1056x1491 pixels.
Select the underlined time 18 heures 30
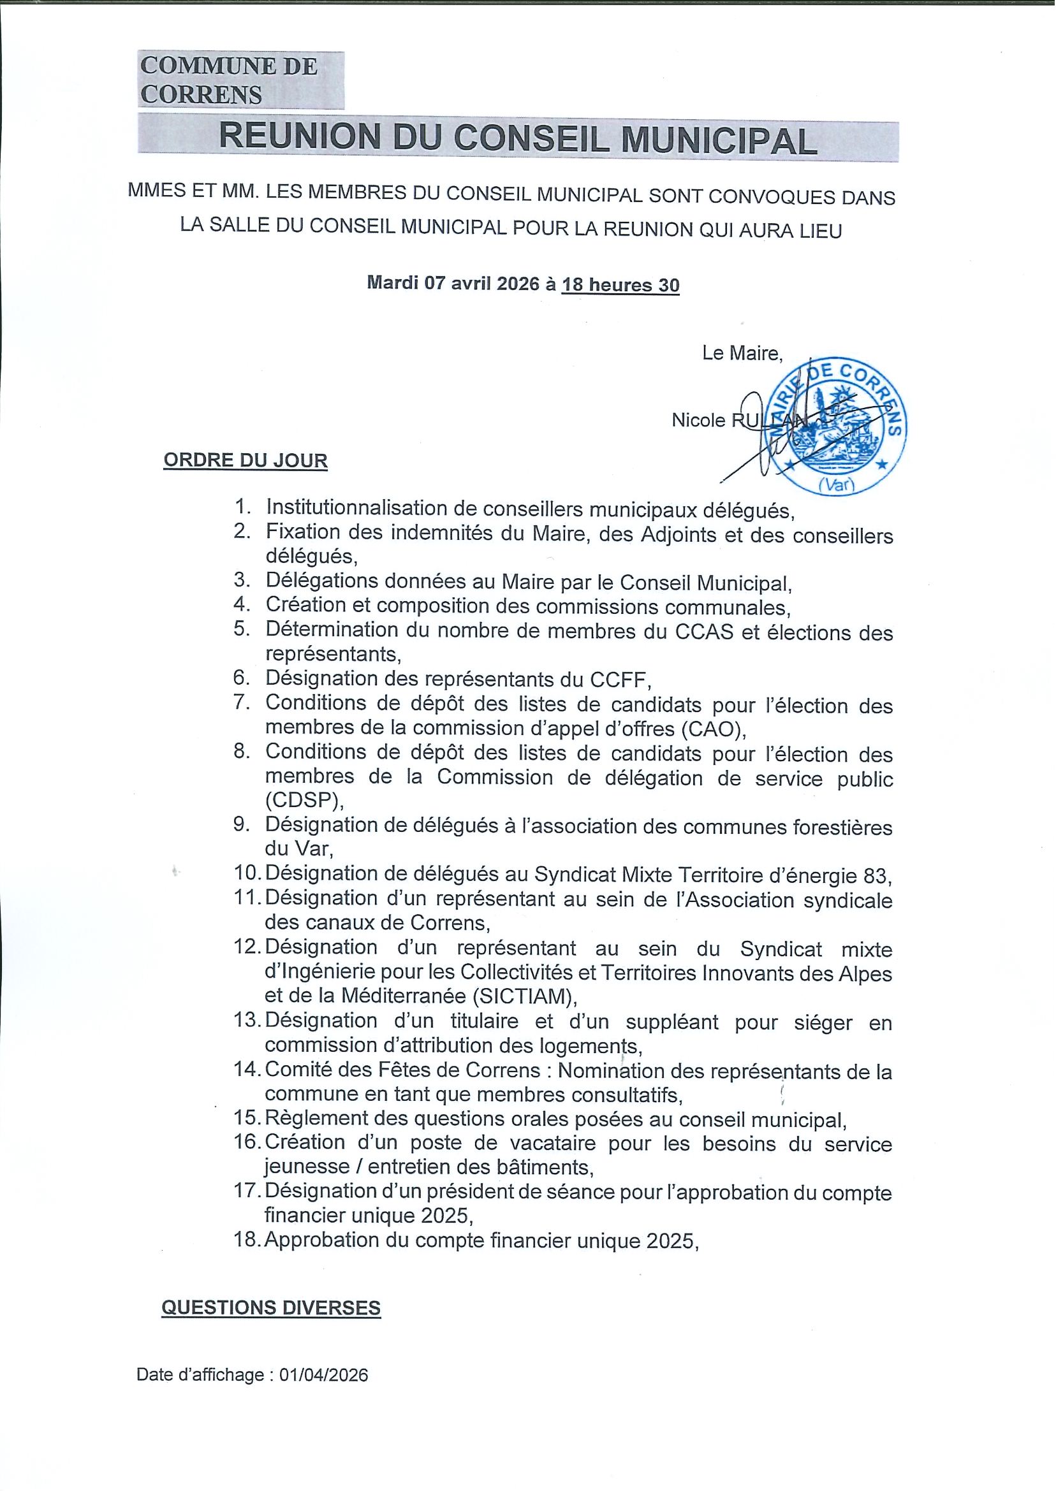(620, 285)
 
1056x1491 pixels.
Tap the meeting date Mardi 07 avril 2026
(453, 284)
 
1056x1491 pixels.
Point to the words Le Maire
(742, 354)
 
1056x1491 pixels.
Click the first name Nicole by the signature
(698, 421)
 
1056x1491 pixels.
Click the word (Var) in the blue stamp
(837, 484)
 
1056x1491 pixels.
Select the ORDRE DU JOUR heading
(245, 460)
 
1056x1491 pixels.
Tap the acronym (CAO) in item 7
(712, 729)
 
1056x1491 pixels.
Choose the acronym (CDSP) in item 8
(303, 801)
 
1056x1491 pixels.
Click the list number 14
(247, 1069)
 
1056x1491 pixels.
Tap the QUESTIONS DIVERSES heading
(270, 1307)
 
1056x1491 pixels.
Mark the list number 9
(242, 824)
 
